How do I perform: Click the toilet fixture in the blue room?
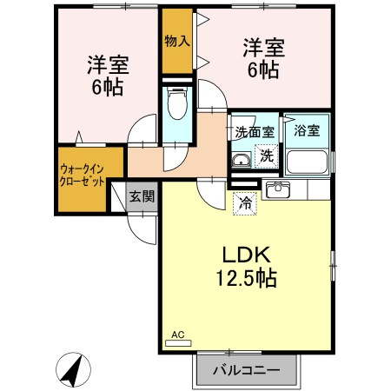[176, 103]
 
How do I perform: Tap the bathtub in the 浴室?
[307, 162]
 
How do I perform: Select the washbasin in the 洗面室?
[242, 160]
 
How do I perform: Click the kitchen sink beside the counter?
[278, 189]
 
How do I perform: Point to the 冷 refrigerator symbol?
[245, 203]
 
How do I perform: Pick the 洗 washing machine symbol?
[266, 156]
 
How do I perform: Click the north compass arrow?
[73, 370]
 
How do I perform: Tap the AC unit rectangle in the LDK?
[178, 343]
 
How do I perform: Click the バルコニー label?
[247, 370]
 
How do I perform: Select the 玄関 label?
[142, 196]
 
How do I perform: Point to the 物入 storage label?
[177, 41]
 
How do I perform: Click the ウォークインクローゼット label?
[82, 176]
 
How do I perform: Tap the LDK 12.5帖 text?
[247, 267]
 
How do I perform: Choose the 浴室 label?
[307, 130]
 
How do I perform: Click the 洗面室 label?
[255, 132]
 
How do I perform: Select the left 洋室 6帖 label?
[108, 76]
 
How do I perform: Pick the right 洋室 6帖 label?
[264, 58]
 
